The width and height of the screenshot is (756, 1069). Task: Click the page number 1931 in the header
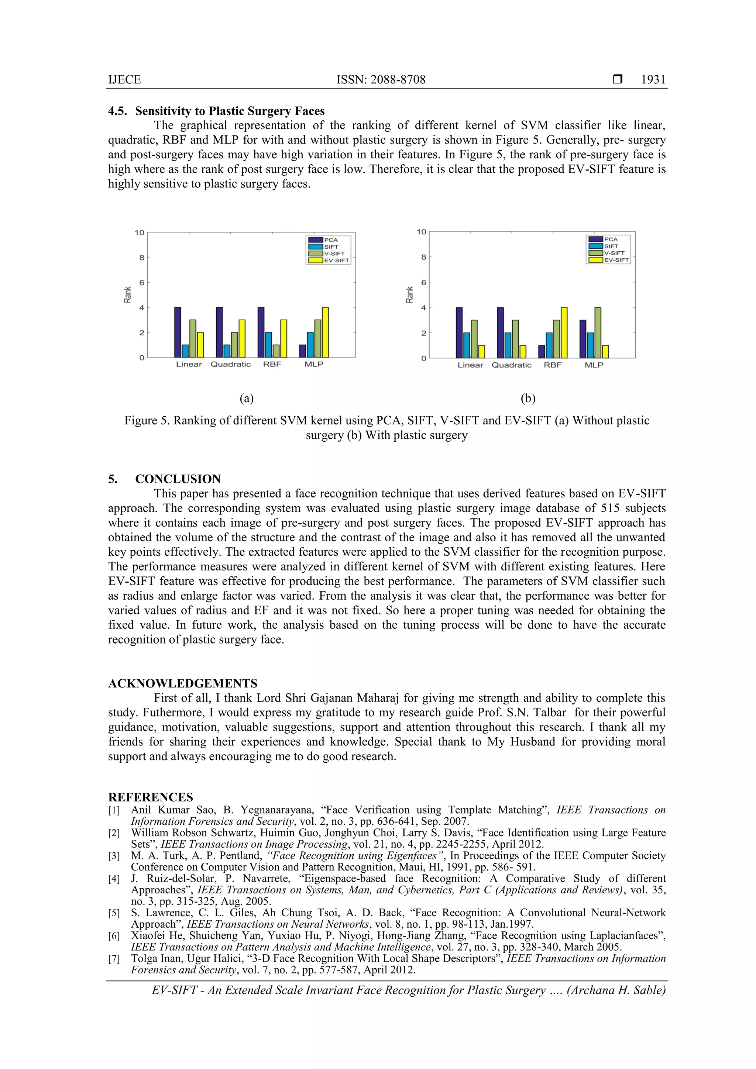coord(653,80)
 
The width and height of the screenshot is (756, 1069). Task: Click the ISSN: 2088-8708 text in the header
coord(381,80)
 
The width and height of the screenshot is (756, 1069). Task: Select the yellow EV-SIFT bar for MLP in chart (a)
coord(325,332)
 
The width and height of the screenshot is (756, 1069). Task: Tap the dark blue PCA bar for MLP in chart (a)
coord(302,351)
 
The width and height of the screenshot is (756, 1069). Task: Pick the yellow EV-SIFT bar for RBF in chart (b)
coord(564,332)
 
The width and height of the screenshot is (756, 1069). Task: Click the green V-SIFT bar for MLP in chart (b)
coord(598,332)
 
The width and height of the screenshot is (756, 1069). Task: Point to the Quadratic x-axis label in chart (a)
coord(231,364)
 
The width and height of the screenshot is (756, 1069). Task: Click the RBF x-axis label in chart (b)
coord(553,365)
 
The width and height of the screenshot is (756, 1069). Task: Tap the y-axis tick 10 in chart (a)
coord(139,232)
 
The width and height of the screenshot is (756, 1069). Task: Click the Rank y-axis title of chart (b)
coord(409,294)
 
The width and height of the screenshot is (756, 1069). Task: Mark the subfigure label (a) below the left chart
coord(247,398)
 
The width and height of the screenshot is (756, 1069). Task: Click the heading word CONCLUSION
coord(178,479)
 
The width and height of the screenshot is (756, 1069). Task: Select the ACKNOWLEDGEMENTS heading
coord(183,683)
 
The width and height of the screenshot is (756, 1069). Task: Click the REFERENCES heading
coord(151,797)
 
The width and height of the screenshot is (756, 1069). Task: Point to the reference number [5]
coord(114,913)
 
